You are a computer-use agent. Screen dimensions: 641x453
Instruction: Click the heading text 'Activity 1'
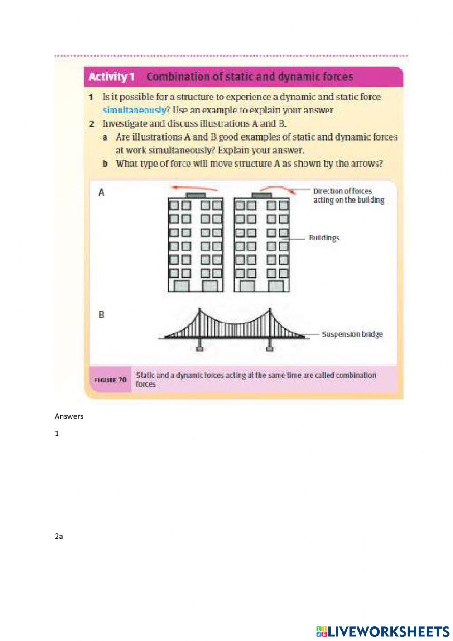click(111, 77)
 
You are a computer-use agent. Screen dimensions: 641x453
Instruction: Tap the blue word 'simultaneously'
click(134, 110)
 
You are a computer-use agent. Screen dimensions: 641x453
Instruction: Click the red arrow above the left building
click(194, 187)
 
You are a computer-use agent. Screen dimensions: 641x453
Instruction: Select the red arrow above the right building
click(278, 188)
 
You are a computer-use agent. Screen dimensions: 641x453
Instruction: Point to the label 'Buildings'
click(323, 238)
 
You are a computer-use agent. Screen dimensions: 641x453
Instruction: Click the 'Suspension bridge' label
click(352, 334)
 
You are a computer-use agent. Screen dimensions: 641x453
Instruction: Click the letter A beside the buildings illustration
click(101, 192)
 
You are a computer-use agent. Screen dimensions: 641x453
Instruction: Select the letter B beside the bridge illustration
click(101, 314)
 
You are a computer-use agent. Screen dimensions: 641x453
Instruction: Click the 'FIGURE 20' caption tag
click(110, 380)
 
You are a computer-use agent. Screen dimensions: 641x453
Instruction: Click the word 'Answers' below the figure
click(69, 416)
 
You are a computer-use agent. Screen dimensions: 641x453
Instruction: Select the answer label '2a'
click(58, 536)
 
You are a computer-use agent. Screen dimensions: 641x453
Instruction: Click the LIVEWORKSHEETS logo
click(383, 631)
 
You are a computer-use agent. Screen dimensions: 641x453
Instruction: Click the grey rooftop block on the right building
click(261, 195)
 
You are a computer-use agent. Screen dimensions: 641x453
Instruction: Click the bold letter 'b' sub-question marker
click(105, 164)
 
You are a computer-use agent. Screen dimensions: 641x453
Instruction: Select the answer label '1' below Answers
click(57, 434)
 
